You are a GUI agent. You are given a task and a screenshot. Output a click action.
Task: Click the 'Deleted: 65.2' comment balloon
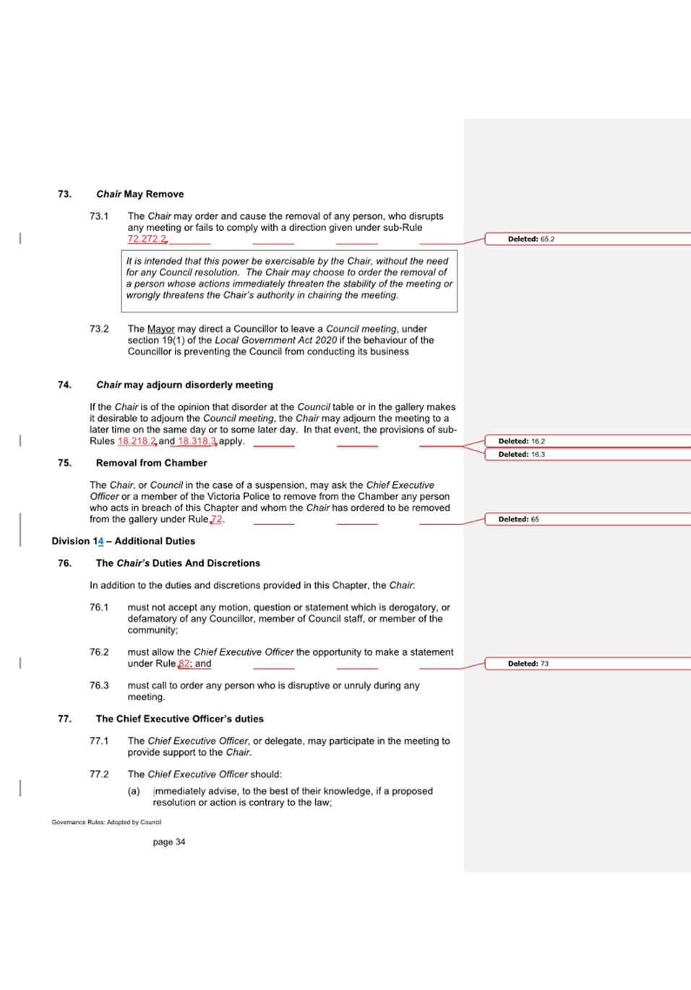point(531,239)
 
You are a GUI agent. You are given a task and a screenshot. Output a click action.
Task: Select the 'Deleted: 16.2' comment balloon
point(522,441)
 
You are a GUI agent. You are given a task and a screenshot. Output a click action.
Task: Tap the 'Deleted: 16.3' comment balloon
point(522,454)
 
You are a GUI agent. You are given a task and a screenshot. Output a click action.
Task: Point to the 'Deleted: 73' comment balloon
point(528,663)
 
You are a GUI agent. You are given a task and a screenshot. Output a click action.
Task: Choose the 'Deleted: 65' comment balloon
point(519,519)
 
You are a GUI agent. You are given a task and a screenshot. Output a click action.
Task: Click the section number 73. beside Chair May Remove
point(65,194)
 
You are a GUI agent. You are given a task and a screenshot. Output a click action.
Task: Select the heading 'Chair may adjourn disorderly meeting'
point(184,385)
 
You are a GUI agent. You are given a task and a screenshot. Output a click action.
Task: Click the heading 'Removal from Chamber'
point(151,463)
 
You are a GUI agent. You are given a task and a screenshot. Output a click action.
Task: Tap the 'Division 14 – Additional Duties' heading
point(123,541)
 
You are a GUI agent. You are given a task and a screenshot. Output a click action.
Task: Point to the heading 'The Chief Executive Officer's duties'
point(179,719)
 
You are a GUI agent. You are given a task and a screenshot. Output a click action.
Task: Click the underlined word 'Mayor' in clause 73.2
point(160,329)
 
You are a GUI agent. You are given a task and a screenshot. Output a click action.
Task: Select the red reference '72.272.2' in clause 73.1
point(147,239)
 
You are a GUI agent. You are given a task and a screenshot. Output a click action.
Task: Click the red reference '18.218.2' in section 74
point(137,441)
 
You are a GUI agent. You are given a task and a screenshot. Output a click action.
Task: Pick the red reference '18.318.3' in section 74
point(197,441)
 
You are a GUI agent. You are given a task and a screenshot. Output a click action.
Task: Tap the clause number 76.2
point(99,652)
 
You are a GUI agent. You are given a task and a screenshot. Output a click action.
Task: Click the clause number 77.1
point(99,741)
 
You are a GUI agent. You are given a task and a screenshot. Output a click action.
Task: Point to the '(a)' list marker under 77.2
point(134,791)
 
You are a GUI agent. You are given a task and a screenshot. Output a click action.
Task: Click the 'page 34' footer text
point(169,842)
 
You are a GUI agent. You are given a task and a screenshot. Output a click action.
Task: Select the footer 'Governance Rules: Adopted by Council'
point(106,822)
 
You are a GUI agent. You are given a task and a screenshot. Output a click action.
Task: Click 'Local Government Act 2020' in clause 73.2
point(275,340)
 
